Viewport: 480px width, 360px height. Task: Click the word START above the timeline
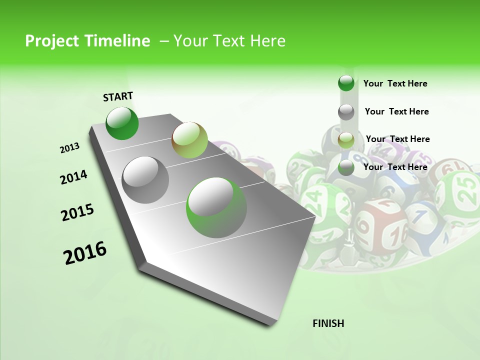coord(118,96)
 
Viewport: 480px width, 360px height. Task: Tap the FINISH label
coord(328,323)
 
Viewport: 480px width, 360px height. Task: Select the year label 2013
coord(70,148)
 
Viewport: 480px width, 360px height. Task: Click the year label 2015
coord(77,212)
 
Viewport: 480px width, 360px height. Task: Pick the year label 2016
coord(85,253)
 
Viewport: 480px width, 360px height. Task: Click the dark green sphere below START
coord(122,123)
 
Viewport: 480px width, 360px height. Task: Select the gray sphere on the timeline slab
coord(145,180)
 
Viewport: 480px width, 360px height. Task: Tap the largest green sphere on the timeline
coord(216,207)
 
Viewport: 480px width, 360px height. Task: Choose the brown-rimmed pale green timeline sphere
coord(189,140)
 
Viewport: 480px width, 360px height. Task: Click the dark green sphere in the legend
coord(346,83)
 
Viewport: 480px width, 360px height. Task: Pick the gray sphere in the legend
coord(346,112)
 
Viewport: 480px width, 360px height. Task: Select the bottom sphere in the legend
coord(346,168)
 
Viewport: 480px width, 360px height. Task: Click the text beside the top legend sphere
coord(395,83)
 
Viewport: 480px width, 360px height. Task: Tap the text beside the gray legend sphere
coord(396,111)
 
